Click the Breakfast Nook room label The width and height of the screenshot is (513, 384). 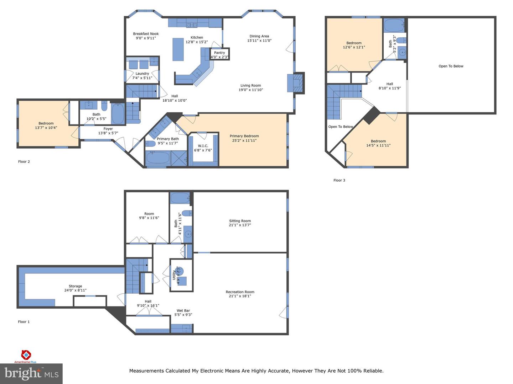point(147,34)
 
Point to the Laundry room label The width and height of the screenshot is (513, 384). point(142,74)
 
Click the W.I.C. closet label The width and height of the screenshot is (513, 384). point(203,146)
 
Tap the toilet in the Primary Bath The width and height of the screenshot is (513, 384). point(151,144)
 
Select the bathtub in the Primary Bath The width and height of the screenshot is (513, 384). point(158,158)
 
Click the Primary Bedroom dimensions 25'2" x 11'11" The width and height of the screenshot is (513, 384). point(244,140)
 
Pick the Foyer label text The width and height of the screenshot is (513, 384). point(108,129)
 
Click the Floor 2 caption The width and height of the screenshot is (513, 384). point(24,162)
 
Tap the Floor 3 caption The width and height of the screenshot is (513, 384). point(339,180)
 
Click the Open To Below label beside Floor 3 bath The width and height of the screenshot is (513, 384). point(451,66)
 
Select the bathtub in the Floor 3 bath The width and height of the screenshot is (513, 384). point(394,25)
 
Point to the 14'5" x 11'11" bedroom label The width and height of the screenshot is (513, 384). point(378,145)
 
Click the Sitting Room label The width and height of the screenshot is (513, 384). point(240,221)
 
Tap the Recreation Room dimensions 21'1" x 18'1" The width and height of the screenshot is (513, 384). point(240,296)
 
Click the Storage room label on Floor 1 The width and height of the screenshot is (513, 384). point(75,286)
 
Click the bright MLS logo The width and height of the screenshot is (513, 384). point(31,373)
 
